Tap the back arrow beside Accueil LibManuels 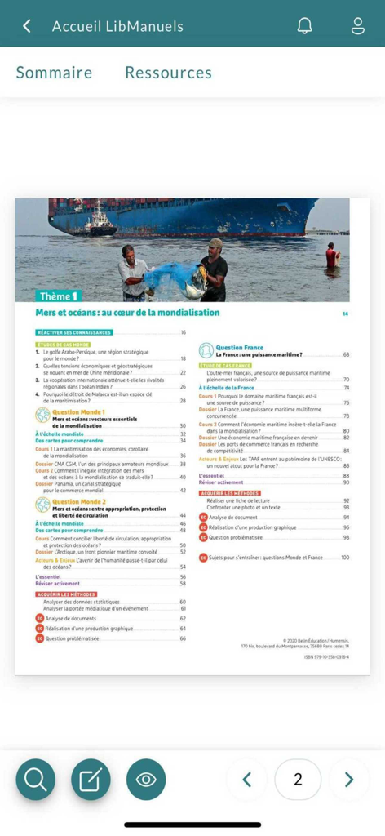pyautogui.click(x=27, y=26)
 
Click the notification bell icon pyautogui.click(x=304, y=25)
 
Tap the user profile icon pyautogui.click(x=357, y=25)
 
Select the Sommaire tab pyautogui.click(x=54, y=73)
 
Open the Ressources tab pyautogui.click(x=168, y=73)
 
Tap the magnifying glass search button pyautogui.click(x=36, y=779)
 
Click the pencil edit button pyautogui.click(x=91, y=779)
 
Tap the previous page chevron pyautogui.click(x=248, y=780)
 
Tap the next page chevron pyautogui.click(x=349, y=780)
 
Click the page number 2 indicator pyautogui.click(x=298, y=780)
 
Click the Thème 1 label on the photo pyautogui.click(x=59, y=296)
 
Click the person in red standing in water pyautogui.click(x=331, y=256)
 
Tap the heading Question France pyautogui.click(x=239, y=348)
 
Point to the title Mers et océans pyautogui.click(x=127, y=313)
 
